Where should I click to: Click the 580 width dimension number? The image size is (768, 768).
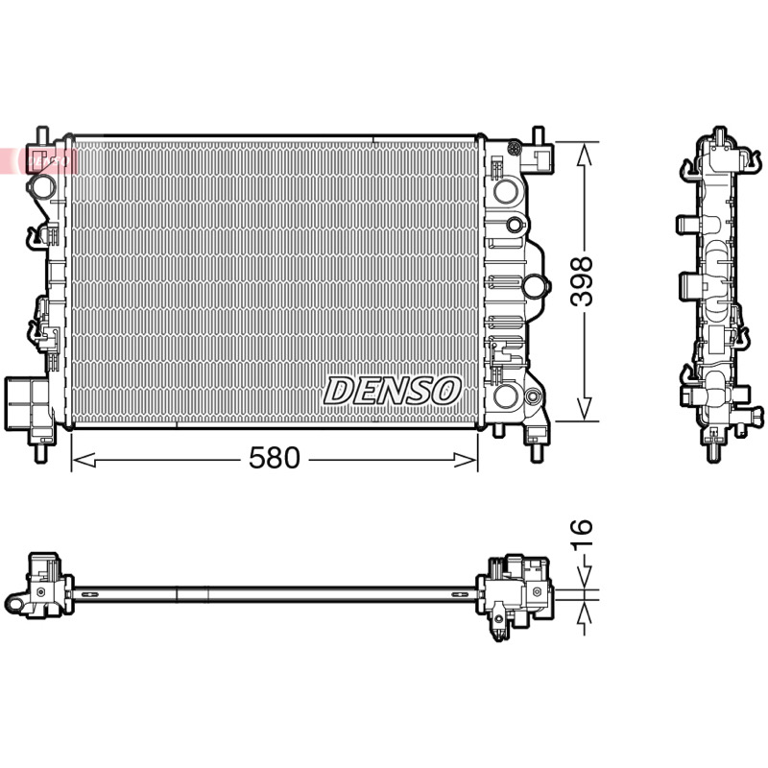pyautogui.click(x=274, y=459)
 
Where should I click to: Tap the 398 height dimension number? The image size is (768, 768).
pyautogui.click(x=583, y=281)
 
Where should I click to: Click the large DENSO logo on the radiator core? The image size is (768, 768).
pyautogui.click(x=392, y=391)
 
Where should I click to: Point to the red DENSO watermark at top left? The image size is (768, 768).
pyautogui.click(x=38, y=160)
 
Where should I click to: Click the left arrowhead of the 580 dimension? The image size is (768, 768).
pyautogui.click(x=84, y=460)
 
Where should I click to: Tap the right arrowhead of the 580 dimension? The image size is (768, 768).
pyautogui.click(x=466, y=460)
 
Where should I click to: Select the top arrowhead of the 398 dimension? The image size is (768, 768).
pyautogui.click(x=584, y=155)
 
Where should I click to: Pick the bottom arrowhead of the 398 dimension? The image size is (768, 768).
pyautogui.click(x=584, y=409)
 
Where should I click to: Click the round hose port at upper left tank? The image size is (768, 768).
pyautogui.click(x=41, y=186)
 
